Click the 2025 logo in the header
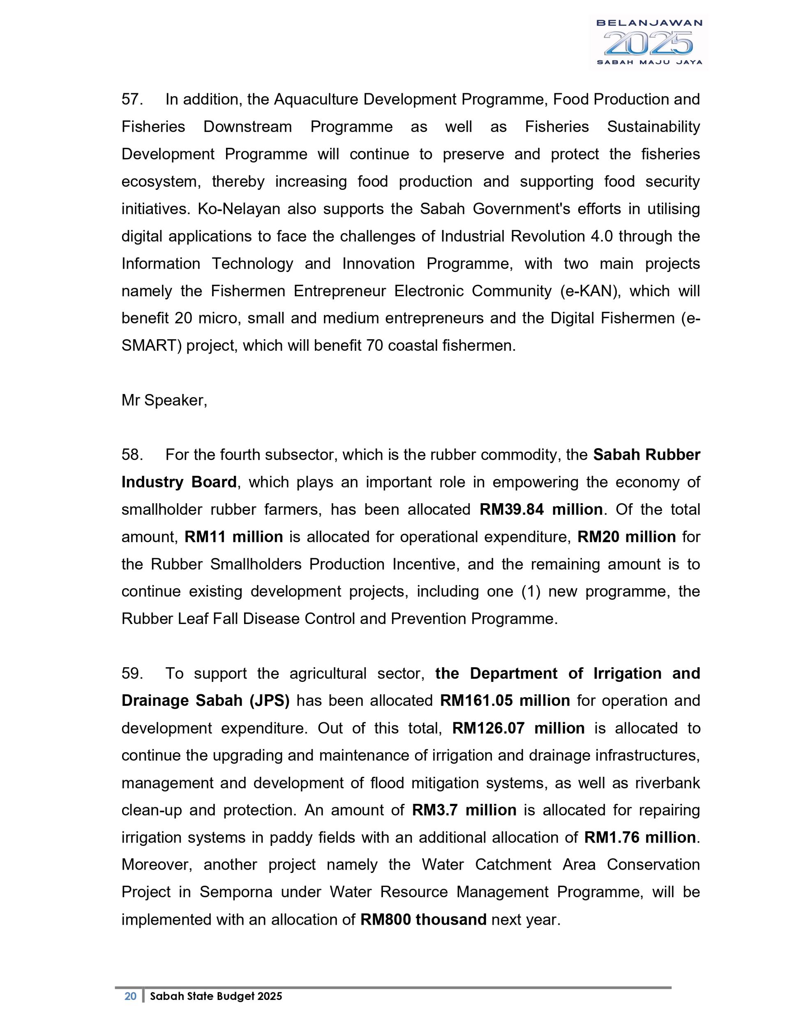648,43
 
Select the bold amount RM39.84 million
541,510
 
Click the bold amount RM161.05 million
505,701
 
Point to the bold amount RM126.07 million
518,728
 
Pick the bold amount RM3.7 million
464,810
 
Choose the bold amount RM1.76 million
640,838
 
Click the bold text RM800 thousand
423,920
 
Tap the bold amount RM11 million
233,537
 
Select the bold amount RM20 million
626,537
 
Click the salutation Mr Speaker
164,400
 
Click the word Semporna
235,892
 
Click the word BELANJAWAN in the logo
649,23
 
